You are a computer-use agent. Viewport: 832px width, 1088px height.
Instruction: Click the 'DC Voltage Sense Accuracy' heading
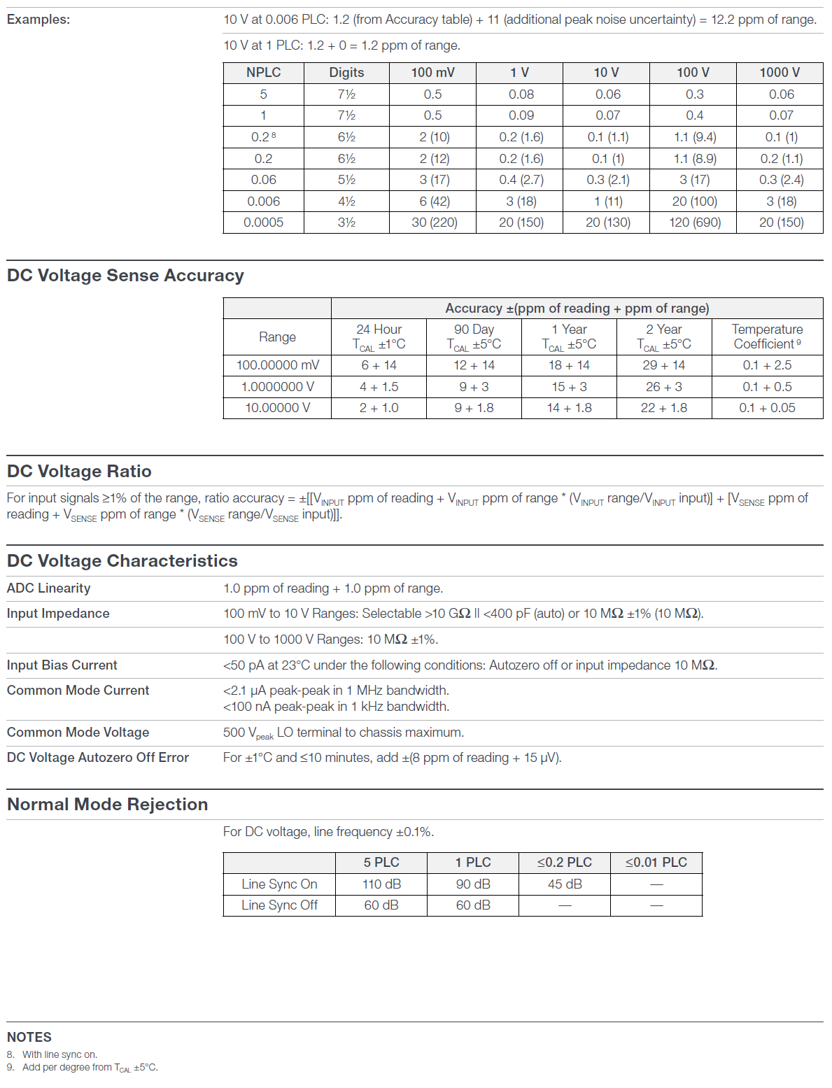pos(125,276)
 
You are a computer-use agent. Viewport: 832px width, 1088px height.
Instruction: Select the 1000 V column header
pos(780,73)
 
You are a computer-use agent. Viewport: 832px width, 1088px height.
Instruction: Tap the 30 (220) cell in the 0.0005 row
pos(434,222)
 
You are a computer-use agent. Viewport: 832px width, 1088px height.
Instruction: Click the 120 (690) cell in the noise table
pos(694,222)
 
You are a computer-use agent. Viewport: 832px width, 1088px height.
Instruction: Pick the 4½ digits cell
pos(346,202)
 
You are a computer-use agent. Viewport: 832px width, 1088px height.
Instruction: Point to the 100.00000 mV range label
pos(277,365)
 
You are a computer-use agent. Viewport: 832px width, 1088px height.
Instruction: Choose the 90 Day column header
pos(474,337)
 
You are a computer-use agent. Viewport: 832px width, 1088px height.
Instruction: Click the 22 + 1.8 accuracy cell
pos(663,408)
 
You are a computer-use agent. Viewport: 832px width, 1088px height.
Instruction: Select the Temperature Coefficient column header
pos(767,337)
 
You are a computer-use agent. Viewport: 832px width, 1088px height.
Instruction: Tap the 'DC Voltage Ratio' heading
pos(79,472)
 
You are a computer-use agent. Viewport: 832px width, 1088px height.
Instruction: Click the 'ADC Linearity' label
pos(49,588)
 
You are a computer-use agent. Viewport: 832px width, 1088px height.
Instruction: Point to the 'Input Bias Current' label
pos(62,665)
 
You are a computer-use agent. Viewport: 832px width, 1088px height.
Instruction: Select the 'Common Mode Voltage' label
pos(78,733)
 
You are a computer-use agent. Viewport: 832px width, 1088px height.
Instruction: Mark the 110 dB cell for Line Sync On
pos(381,884)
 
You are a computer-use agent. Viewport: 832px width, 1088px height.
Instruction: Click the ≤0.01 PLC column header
pos(656,863)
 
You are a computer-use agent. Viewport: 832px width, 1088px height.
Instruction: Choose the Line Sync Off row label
pos(279,905)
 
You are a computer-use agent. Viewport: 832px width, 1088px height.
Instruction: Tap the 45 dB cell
pos(565,884)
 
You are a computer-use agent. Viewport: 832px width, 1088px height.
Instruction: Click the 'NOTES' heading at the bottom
pos(29,1037)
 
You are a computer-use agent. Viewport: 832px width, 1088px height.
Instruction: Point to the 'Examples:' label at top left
pos(38,20)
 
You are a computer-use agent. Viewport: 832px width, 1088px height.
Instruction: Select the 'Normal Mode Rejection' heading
pos(107,805)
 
